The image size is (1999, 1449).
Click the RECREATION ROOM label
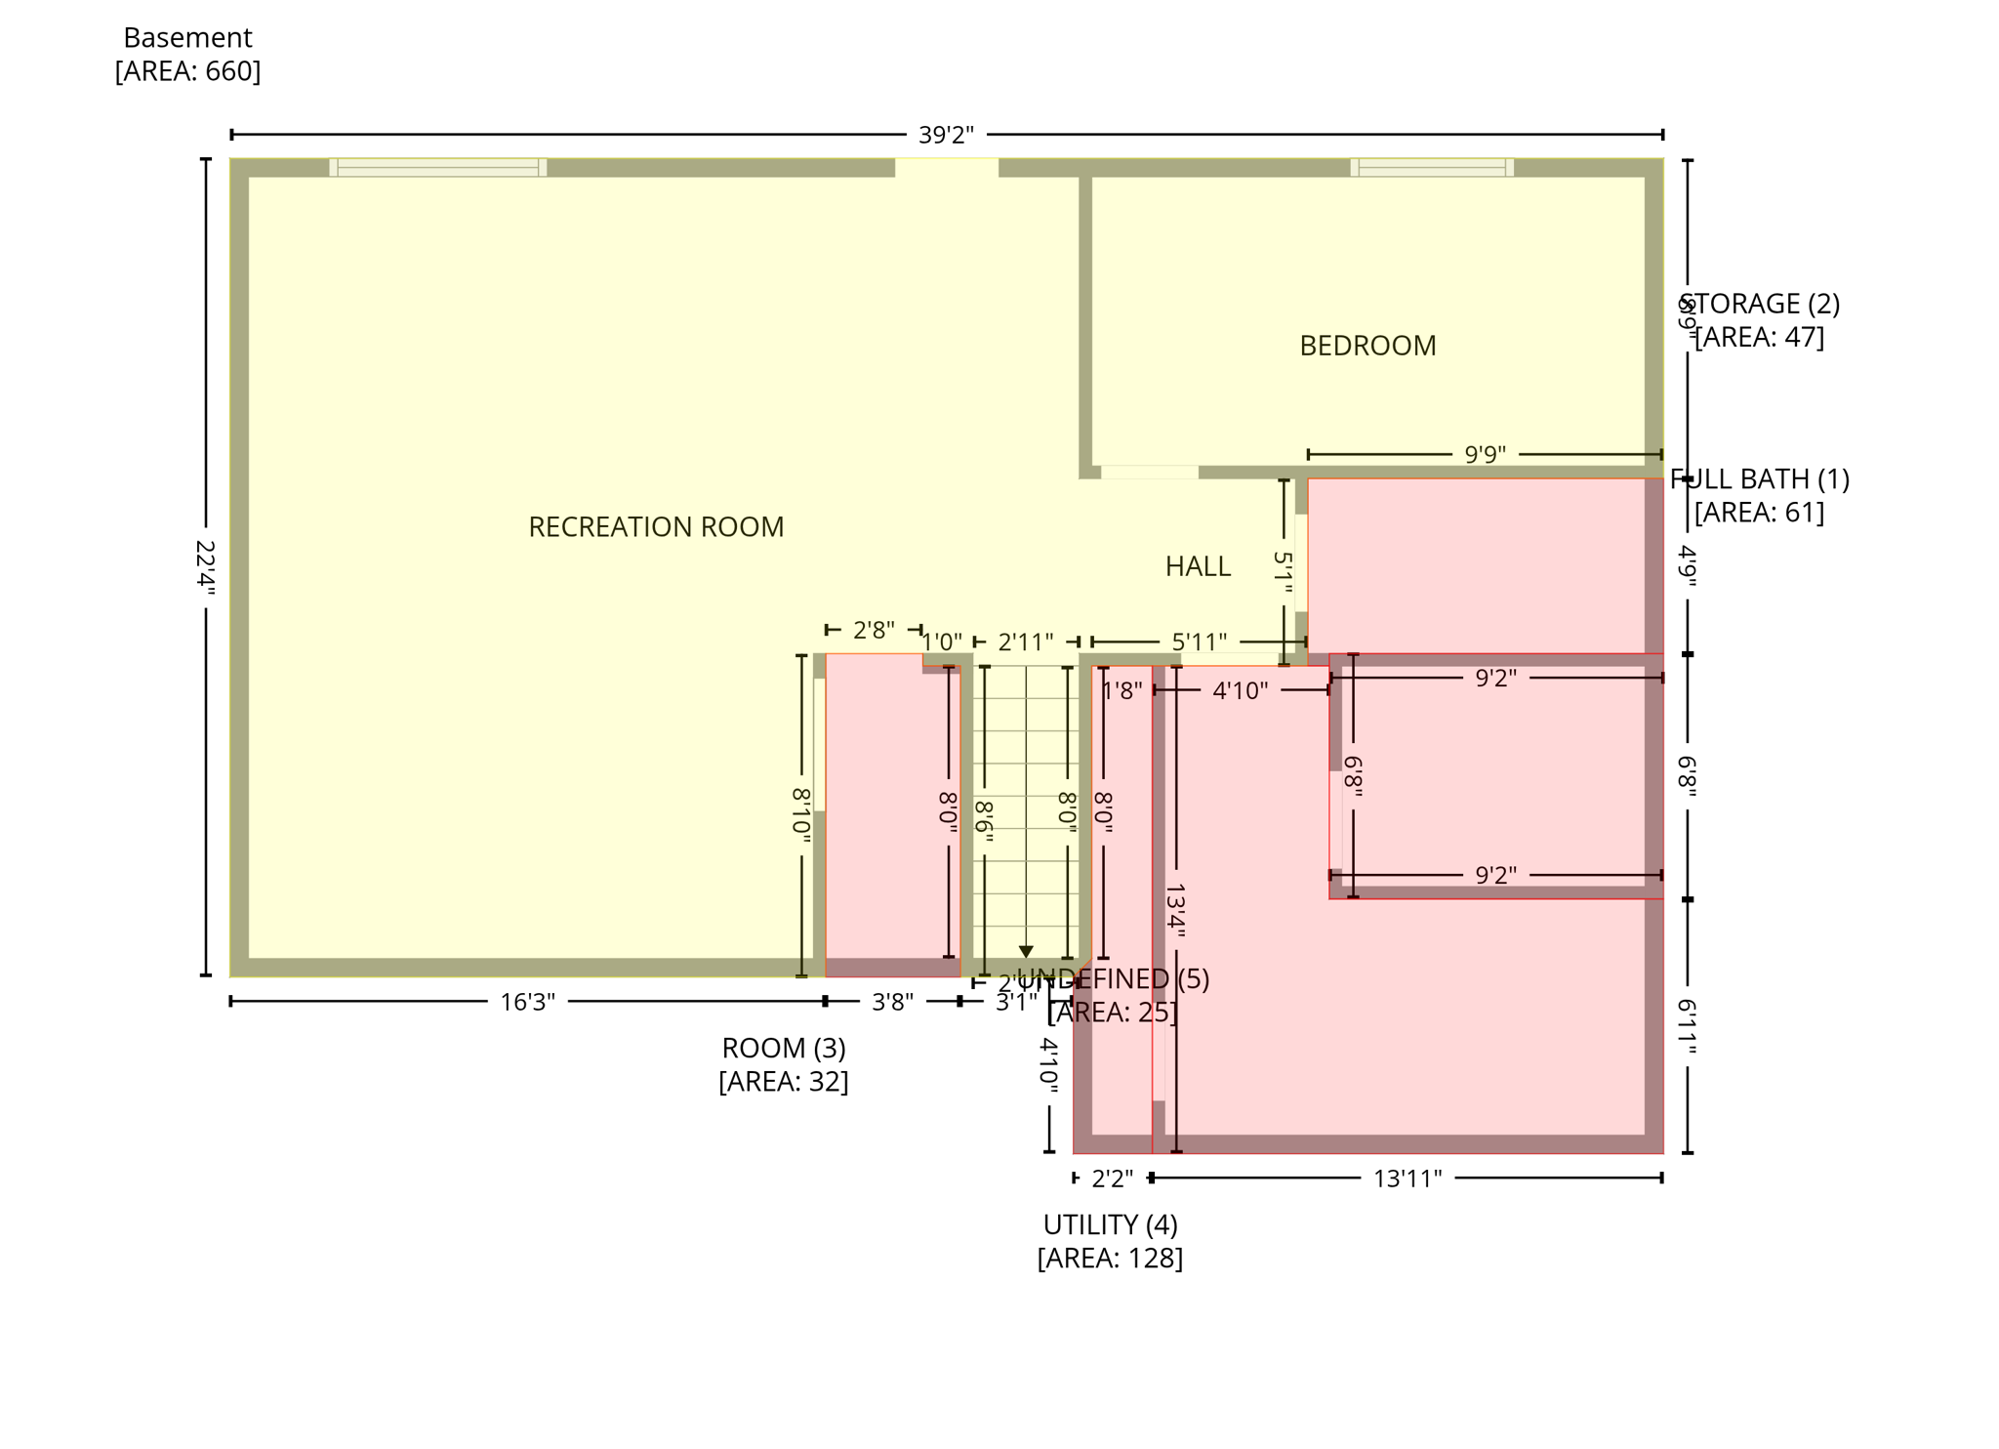tap(656, 527)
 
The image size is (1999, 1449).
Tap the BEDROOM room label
tap(1367, 346)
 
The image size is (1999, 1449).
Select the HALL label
tap(1198, 566)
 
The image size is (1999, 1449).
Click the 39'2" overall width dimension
tap(946, 135)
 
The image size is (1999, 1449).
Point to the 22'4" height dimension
tap(205, 565)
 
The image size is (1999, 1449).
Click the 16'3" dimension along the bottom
tap(527, 1002)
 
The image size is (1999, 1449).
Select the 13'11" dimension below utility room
tap(1407, 1179)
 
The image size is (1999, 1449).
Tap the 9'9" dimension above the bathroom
tap(1485, 454)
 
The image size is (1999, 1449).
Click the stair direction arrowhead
tap(1026, 951)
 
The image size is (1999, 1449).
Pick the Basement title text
tap(187, 38)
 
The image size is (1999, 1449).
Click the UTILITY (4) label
tap(1110, 1224)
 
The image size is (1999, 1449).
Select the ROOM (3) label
tap(784, 1048)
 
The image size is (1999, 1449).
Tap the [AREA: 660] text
tap(187, 71)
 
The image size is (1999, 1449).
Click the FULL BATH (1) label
tap(1759, 479)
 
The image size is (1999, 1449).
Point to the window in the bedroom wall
tap(1432, 167)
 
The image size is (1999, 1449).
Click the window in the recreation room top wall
tap(438, 167)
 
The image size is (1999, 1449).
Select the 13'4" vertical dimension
tap(1175, 911)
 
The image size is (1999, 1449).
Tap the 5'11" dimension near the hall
tap(1199, 642)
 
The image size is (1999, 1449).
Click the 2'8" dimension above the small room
tap(874, 630)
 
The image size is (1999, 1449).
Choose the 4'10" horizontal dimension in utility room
tap(1240, 690)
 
